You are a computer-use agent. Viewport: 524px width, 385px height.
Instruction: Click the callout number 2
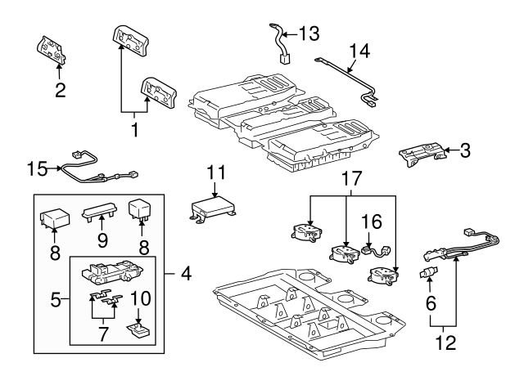coord(60,90)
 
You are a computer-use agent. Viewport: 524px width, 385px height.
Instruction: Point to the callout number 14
coord(359,51)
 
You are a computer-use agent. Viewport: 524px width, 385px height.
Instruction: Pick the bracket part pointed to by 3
coord(424,154)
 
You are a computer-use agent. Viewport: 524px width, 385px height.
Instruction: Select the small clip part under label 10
coord(137,329)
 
